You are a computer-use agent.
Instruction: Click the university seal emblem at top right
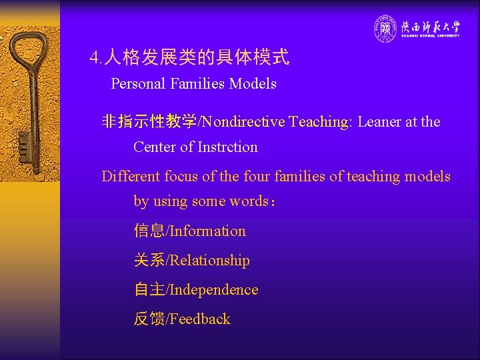385,28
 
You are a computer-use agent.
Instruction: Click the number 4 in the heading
94,59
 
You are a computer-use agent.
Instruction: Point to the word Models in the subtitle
253,84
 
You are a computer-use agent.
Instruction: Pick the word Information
208,231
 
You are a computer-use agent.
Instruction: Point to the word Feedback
200,319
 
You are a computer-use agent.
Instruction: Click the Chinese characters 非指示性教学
149,121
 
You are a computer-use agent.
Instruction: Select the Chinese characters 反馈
149,319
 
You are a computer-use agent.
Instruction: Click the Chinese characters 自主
149,290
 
